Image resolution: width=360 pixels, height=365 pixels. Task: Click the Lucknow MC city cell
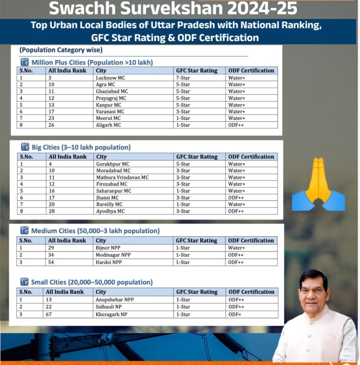(110, 77)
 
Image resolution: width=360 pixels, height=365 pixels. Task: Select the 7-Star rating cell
(183, 77)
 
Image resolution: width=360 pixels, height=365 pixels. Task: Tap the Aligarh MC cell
(108, 125)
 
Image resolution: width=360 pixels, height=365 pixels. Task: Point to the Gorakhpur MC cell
(113, 164)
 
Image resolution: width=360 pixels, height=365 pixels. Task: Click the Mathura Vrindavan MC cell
(122, 177)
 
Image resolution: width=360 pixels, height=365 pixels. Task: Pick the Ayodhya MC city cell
(110, 211)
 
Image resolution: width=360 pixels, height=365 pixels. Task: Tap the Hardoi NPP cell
(109, 262)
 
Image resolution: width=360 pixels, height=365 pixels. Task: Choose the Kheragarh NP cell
(111, 314)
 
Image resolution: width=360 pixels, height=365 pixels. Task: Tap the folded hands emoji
(318, 184)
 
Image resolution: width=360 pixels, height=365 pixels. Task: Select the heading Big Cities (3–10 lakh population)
(81, 147)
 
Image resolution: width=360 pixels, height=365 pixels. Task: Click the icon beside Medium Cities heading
(24, 231)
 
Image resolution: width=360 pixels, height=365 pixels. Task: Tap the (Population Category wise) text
(61, 50)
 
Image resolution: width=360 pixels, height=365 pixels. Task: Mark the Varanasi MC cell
(110, 111)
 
